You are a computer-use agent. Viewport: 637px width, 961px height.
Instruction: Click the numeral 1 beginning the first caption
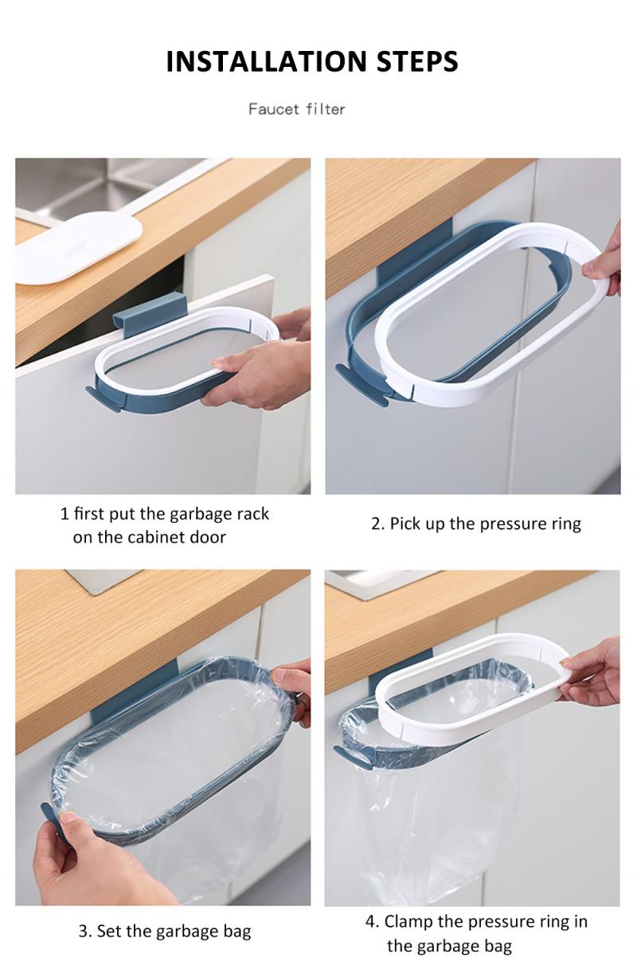64,514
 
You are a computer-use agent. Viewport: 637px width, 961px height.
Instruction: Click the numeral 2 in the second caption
377,524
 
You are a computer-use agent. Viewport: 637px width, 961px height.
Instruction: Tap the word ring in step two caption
565,524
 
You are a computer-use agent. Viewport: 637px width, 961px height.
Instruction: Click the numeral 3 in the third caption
83,931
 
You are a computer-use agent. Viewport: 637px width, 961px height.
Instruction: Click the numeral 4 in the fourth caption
370,922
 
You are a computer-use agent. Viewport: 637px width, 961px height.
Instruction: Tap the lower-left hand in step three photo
88,865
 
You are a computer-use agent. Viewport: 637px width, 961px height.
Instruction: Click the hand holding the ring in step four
593,673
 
